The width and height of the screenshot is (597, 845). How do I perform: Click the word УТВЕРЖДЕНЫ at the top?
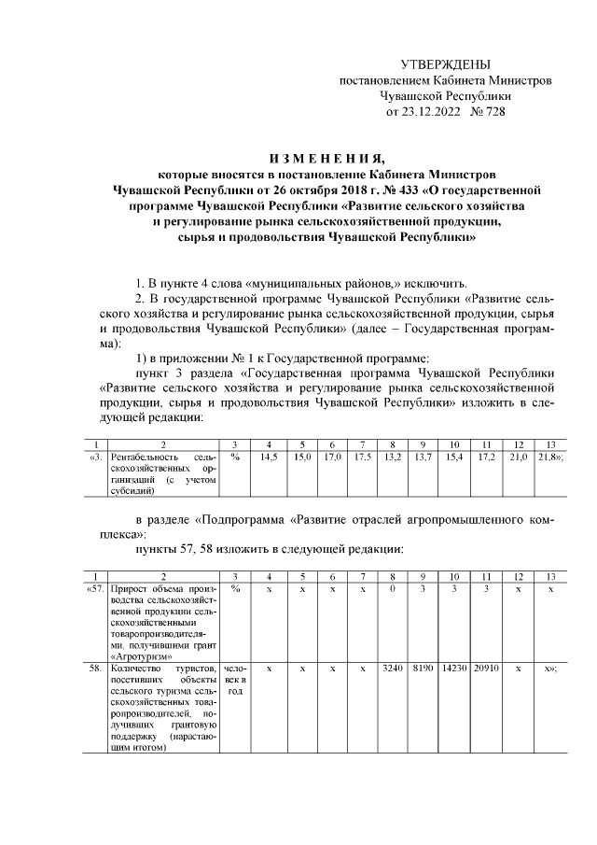click(x=445, y=64)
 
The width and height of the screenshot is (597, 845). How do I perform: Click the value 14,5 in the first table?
click(x=270, y=457)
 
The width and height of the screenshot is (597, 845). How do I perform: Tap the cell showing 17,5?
click(x=363, y=457)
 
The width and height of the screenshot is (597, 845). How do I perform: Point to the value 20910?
click(x=487, y=669)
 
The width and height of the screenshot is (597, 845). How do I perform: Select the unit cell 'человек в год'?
click(x=236, y=680)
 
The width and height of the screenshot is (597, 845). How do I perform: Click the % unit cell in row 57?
click(x=236, y=589)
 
